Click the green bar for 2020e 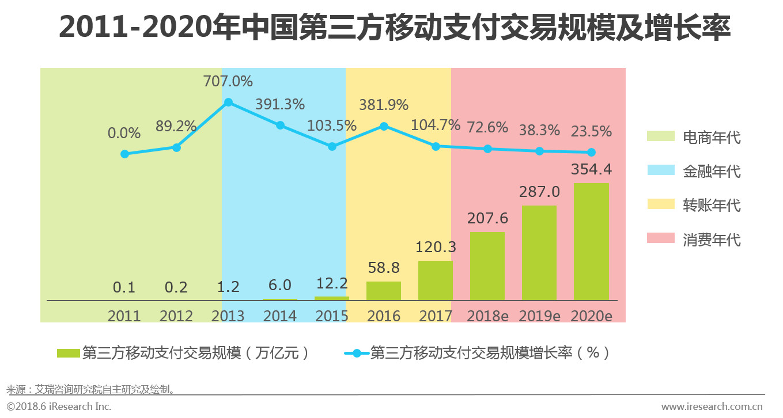pos(591,242)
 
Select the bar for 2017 pos(436,280)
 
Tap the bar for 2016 pos(384,291)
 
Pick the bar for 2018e pos(487,266)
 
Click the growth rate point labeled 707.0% pos(228,102)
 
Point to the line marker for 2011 pos(124,154)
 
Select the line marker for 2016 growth pos(384,126)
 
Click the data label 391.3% pos(279,105)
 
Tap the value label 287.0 pos(539,192)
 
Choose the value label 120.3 pos(436,247)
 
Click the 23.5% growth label pos(591,132)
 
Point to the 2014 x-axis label pos(280,316)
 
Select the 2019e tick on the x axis pos(539,316)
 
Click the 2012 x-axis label pos(176,316)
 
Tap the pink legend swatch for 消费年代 pos(660,238)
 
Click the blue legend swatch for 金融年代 pos(660,170)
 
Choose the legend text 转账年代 pos(712,205)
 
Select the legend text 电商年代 pos(712,137)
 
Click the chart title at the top pos(395,28)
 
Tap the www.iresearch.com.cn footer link pos(712,406)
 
